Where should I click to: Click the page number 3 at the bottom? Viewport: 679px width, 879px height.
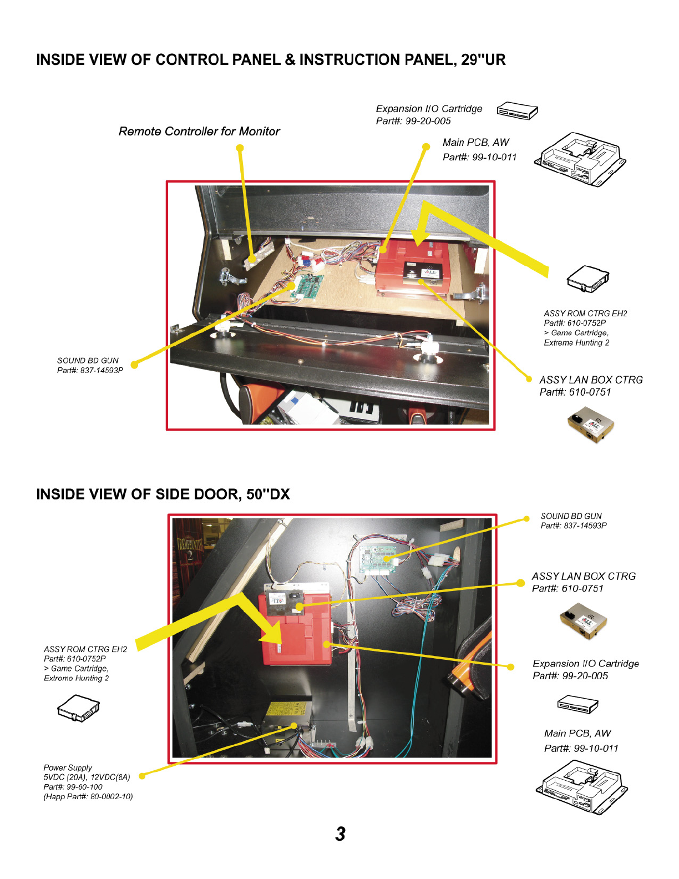[340, 833]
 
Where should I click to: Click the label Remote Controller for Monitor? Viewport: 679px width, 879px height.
[199, 132]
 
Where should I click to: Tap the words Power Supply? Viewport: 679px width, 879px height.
[68, 767]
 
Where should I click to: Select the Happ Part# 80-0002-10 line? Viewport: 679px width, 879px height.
[88, 796]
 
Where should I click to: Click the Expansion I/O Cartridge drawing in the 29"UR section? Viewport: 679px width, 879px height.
[517, 111]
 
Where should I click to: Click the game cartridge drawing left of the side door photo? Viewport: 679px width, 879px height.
[78, 709]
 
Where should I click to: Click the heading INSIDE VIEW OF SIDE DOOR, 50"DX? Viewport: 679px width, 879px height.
[163, 494]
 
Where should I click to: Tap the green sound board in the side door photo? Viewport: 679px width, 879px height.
[378, 558]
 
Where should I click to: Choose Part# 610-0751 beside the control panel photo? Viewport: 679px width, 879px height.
[575, 392]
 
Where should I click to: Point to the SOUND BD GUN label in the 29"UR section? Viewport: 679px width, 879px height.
[88, 361]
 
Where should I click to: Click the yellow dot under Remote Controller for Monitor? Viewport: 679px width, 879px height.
[240, 148]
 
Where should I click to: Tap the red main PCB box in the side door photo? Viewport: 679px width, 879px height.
[296, 630]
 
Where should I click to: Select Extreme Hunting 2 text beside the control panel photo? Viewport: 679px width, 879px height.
[576, 343]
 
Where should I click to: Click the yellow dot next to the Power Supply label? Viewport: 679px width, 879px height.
[142, 776]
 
